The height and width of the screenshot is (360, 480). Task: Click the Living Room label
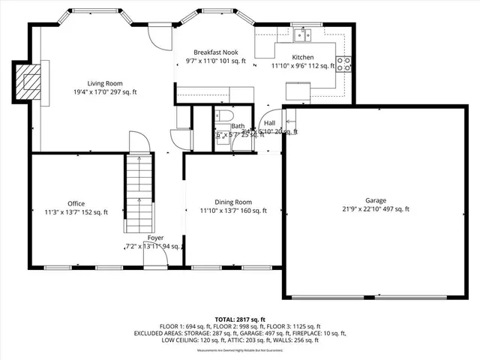(105, 83)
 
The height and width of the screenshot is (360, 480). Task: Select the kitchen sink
(304, 34)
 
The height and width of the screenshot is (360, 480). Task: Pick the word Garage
(376, 200)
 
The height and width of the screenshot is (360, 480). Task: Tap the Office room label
(76, 203)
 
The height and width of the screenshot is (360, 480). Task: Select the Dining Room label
(233, 202)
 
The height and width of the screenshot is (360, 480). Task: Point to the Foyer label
(155, 238)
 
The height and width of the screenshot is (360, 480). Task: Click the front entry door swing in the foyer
(155, 254)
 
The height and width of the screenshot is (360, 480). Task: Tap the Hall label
(269, 122)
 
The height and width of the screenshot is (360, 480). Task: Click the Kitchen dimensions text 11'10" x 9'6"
(302, 66)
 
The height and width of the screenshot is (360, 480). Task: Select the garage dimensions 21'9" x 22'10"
(376, 210)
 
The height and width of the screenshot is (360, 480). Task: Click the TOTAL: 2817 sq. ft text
(239, 319)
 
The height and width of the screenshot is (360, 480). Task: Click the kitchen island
(298, 91)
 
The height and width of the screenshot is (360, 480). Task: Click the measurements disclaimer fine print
(239, 350)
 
